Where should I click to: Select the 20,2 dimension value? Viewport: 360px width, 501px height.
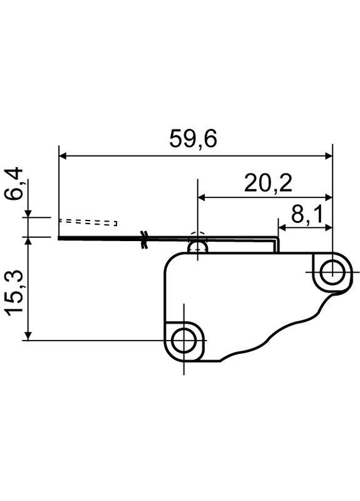269,183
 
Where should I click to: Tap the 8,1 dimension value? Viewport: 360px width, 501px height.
307,215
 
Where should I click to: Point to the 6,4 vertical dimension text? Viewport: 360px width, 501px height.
15,183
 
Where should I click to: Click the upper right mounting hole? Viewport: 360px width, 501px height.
332,272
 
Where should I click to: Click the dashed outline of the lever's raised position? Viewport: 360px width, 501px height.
88,222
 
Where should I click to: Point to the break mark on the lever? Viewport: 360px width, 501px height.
145,239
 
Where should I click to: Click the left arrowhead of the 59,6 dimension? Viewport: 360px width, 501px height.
62,156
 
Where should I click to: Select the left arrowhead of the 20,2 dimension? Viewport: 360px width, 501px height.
202,197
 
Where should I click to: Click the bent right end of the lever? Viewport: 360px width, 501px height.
276,244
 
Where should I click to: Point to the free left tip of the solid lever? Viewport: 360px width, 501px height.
59,238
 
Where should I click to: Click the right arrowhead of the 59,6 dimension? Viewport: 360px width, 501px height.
328,156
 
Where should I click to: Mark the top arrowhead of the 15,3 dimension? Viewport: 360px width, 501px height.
28,240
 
